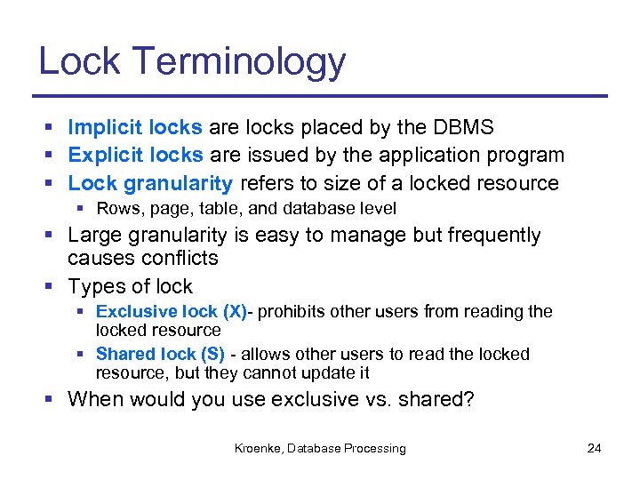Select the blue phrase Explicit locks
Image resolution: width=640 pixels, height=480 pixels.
(135, 156)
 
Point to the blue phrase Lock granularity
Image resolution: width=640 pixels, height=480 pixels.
(150, 184)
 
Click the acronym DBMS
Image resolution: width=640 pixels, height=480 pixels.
(470, 127)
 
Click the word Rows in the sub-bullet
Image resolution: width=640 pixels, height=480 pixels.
(114, 209)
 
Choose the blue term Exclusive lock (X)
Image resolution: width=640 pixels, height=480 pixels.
(172, 312)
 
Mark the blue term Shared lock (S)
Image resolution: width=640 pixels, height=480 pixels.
(160, 355)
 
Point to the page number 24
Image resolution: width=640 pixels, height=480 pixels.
(595, 449)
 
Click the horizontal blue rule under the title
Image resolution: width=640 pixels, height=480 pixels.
(320, 96)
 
